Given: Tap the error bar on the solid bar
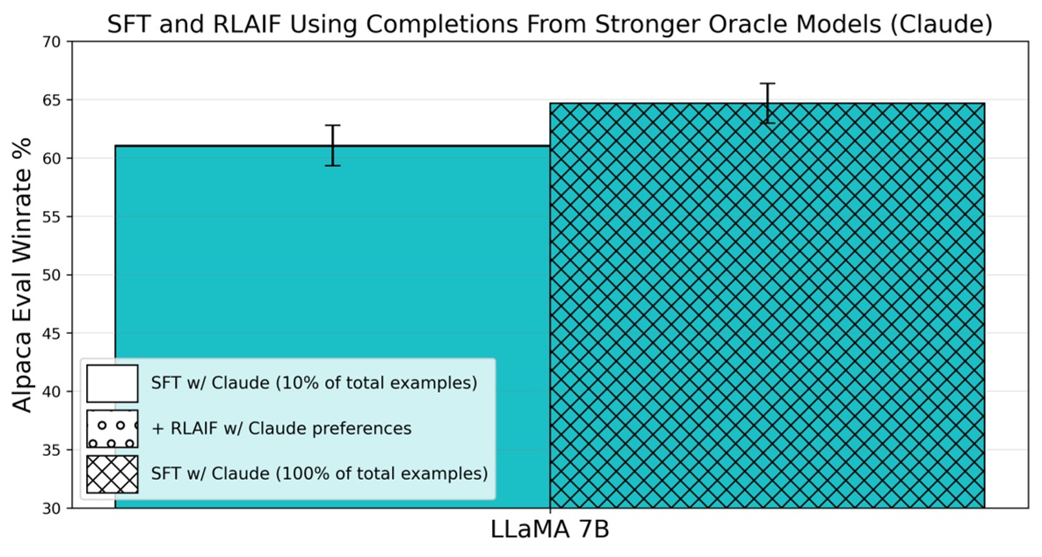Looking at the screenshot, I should coord(332,145).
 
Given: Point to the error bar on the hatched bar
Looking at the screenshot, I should coord(768,103).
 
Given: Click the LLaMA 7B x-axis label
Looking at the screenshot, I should coord(549,532).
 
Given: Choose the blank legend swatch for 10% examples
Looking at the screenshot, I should coord(112,383).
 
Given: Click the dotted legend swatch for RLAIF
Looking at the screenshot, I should coord(112,429).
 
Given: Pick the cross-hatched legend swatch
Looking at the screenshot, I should coord(112,474).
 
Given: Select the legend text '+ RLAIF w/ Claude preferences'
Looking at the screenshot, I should coord(280,429).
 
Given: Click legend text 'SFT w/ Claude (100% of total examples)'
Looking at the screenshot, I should coord(318,474).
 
